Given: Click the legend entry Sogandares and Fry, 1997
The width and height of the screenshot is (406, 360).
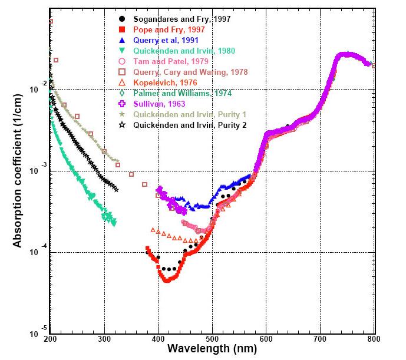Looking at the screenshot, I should tap(181, 19).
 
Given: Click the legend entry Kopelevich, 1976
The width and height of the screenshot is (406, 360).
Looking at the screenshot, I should tap(164, 82).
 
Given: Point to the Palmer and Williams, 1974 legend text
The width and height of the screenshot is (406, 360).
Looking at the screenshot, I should tap(182, 93).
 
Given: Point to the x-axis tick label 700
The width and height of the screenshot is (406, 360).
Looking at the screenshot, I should tap(320, 341).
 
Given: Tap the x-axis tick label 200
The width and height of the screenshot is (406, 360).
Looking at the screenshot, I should tap(51, 341).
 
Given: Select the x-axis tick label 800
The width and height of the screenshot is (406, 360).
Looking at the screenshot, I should tap(373, 341).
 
